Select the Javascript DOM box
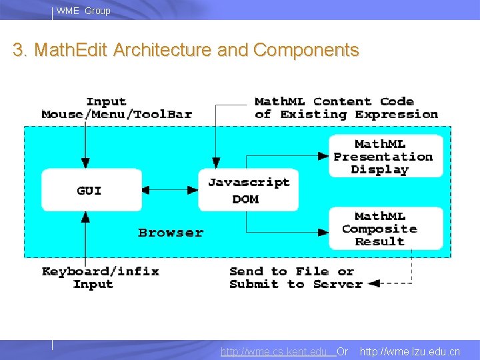tap(248, 190)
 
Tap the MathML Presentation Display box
tap(385, 157)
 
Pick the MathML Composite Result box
tap(385, 229)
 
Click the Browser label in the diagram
tap(171, 233)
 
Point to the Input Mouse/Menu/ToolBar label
tap(116, 108)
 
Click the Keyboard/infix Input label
tap(100, 277)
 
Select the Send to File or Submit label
tap(295, 277)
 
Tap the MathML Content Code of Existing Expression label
tap(345, 108)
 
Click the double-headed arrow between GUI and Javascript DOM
tap(170, 190)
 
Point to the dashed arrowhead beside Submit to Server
tap(374, 284)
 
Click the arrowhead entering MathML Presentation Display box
tap(323, 157)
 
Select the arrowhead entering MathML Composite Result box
tap(323, 231)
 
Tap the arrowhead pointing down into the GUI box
tap(85, 163)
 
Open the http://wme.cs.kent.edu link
tap(277, 351)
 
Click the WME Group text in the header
tap(83, 11)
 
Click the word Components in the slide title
tap(306, 50)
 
